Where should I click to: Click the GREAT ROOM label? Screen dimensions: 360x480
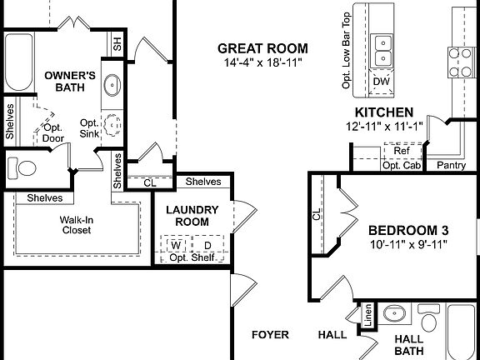(x=262, y=48)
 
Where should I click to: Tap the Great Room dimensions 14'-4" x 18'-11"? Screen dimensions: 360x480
(x=262, y=63)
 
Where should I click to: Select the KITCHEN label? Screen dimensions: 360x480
(x=384, y=112)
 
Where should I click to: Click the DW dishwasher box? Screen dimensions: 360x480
(x=382, y=81)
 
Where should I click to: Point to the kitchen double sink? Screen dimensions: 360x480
(x=383, y=49)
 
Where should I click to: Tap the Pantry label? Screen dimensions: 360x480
(x=451, y=165)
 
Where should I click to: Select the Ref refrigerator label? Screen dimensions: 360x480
(x=402, y=151)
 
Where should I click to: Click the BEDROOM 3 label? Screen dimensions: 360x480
(x=408, y=230)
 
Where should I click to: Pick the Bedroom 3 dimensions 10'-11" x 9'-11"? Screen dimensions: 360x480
(x=408, y=245)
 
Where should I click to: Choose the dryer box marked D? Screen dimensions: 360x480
(x=207, y=245)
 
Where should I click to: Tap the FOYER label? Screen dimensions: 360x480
(x=271, y=335)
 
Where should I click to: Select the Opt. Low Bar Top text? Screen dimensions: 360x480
(x=345, y=49)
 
